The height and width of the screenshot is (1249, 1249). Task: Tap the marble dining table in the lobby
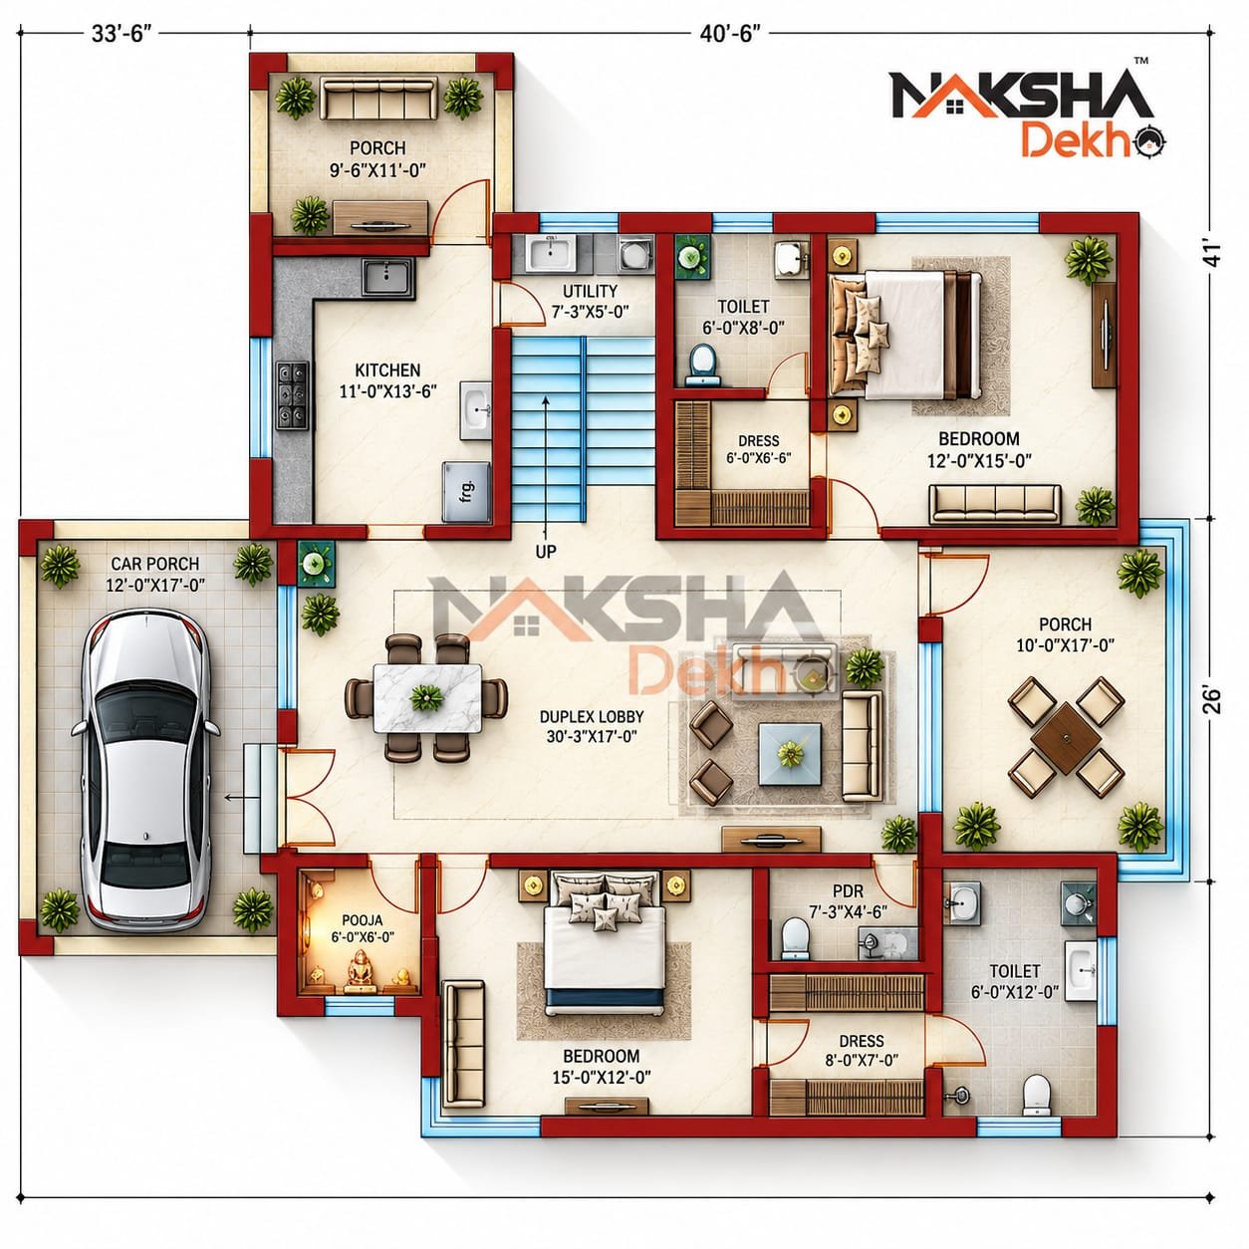click(x=427, y=698)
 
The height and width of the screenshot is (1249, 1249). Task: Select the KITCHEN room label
click(x=387, y=371)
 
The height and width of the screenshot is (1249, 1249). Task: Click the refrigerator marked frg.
click(x=467, y=491)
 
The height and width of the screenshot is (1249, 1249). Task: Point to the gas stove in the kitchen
click(x=292, y=395)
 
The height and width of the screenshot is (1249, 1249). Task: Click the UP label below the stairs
click(x=546, y=552)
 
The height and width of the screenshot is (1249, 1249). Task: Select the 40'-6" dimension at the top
click(x=730, y=34)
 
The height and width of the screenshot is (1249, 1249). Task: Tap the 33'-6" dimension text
click(x=122, y=34)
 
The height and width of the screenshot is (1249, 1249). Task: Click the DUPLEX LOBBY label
click(x=592, y=716)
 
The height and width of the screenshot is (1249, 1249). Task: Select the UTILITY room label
click(x=590, y=291)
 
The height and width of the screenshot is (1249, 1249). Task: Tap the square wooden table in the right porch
click(x=1066, y=737)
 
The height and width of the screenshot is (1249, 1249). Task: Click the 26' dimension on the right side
click(x=1211, y=700)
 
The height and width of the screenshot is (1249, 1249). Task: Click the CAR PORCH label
click(x=155, y=564)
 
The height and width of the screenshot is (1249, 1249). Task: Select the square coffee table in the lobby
click(x=790, y=754)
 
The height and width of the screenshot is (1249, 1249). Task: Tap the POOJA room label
click(x=362, y=919)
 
